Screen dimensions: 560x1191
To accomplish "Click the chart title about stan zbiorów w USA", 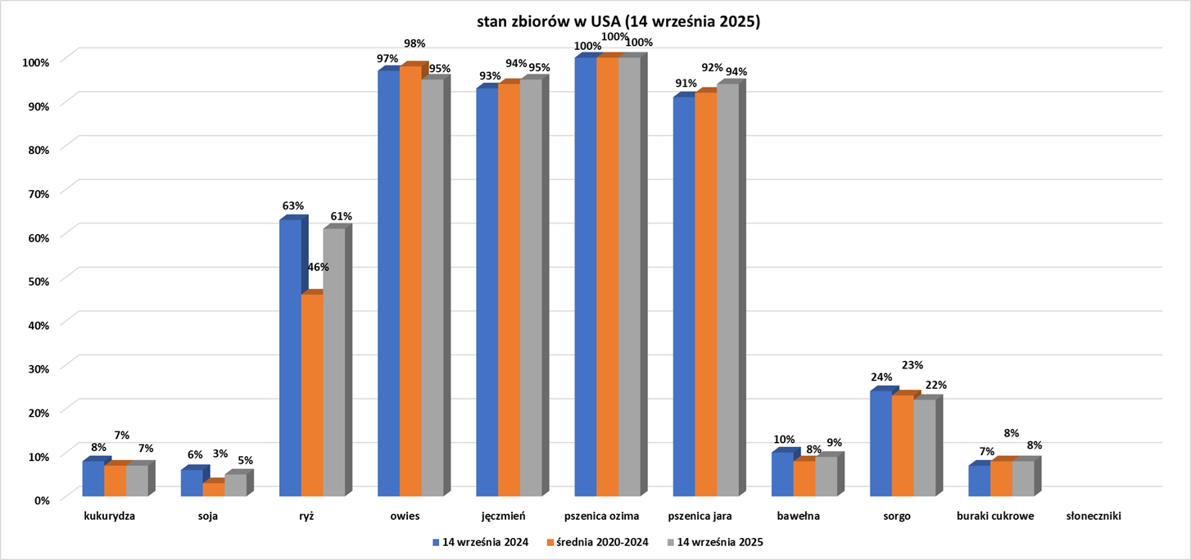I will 619,22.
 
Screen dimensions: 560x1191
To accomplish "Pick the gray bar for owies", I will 432,287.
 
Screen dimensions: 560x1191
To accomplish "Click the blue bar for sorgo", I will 881,443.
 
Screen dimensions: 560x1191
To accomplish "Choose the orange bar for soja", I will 214,489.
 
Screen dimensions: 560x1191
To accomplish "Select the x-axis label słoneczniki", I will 1094,517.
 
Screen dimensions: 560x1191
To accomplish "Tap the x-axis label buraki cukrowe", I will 995,517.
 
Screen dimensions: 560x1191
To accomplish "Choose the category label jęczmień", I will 504,517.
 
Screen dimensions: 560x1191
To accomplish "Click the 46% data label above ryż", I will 318,267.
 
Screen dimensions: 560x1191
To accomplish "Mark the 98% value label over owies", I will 414,43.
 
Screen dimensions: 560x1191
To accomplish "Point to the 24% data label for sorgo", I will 881,377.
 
